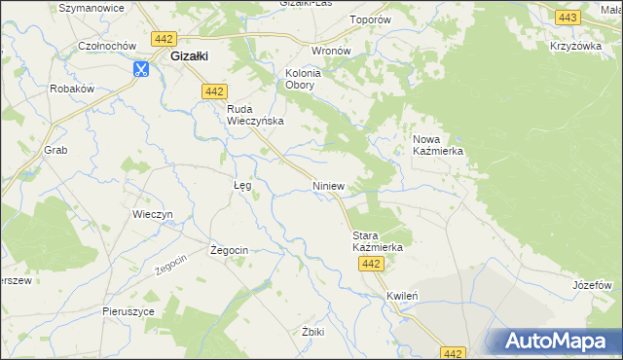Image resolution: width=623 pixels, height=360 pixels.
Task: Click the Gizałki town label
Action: click(191, 56)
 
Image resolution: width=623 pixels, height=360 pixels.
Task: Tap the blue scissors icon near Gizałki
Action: click(141, 69)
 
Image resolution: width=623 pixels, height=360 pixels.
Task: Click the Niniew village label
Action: click(330, 185)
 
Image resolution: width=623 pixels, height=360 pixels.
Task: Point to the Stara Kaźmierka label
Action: click(377, 241)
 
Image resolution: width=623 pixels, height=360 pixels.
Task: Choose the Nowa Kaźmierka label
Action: click(438, 146)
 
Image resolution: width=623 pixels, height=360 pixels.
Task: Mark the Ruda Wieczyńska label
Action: click(254, 115)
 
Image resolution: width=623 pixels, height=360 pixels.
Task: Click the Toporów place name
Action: click(370, 18)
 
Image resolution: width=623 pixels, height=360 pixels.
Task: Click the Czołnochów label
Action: click(108, 46)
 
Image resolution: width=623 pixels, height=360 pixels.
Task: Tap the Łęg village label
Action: click(243, 184)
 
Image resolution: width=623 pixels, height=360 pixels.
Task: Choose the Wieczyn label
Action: click(152, 214)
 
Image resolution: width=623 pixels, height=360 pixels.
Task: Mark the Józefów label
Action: click(592, 285)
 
